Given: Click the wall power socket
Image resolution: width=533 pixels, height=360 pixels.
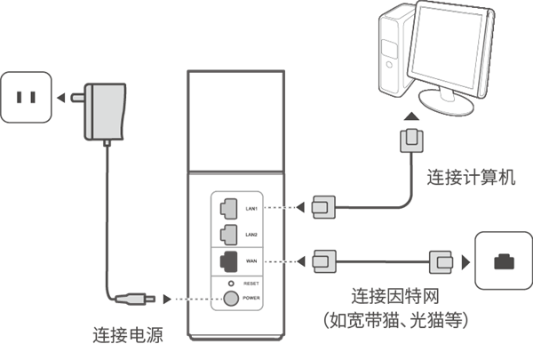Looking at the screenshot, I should pos(27,96).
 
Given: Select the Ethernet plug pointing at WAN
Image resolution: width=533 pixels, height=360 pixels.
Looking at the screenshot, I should pos(326,261).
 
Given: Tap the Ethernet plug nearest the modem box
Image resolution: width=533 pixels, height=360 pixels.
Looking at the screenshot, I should pos(442,261).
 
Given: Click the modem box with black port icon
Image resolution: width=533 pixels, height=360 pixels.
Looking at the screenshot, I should pos(503,260).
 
